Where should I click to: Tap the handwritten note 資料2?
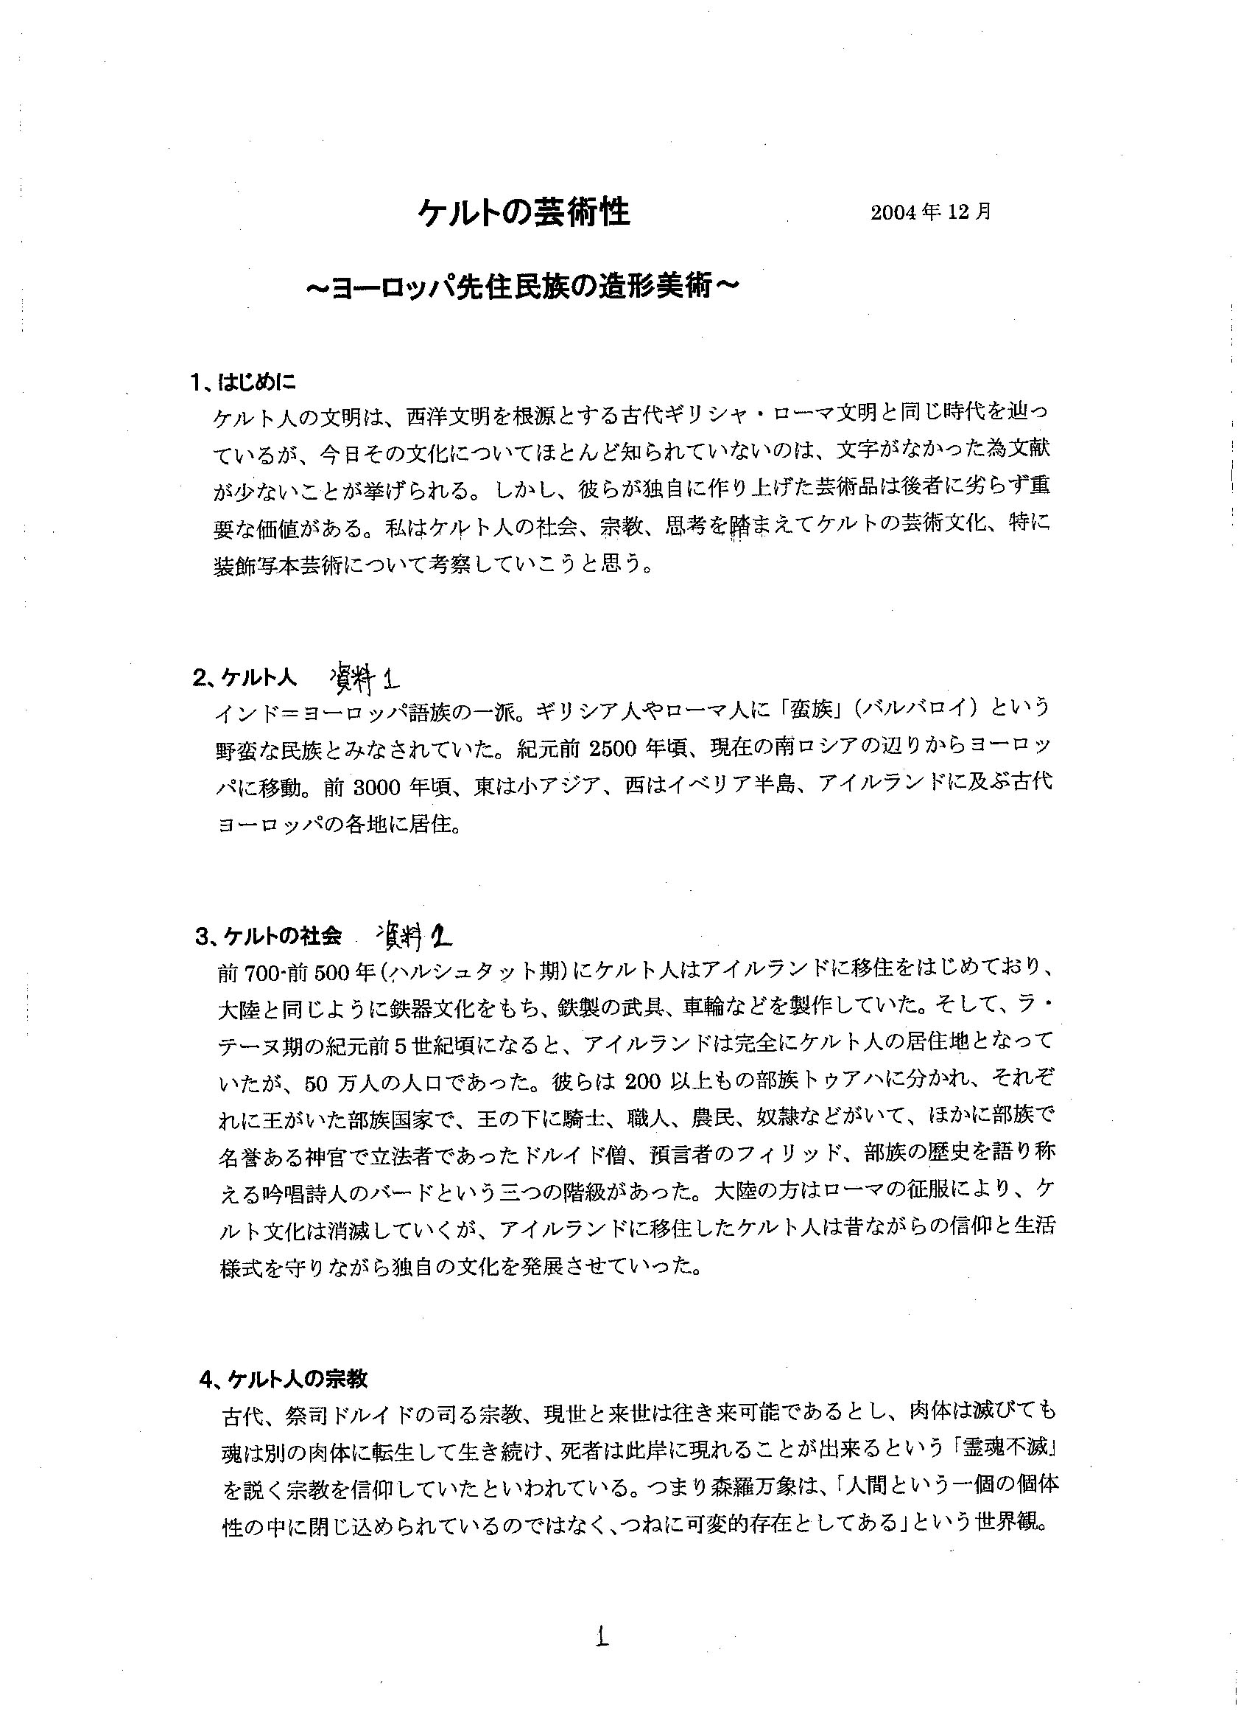(x=414, y=935)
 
